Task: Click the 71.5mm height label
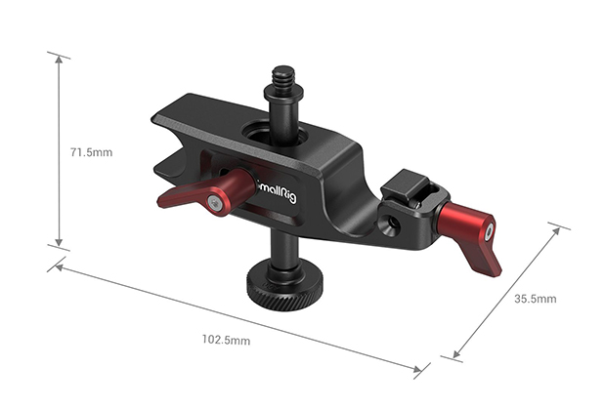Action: point(91,152)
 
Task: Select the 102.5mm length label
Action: point(226,340)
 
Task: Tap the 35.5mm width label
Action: point(535,299)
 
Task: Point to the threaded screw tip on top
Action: point(283,76)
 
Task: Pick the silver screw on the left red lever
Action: point(213,202)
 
